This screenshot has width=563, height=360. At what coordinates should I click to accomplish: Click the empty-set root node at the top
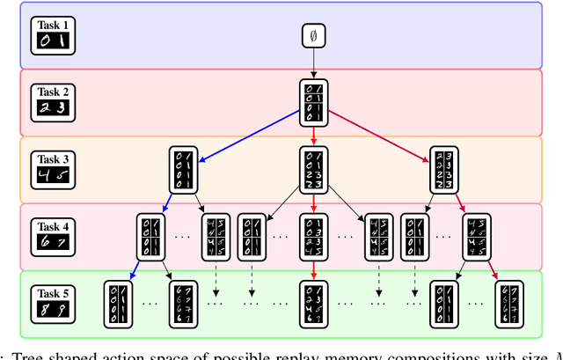point(312,36)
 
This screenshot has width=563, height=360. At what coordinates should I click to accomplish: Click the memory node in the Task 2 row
point(312,103)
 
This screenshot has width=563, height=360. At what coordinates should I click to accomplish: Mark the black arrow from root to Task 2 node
point(312,63)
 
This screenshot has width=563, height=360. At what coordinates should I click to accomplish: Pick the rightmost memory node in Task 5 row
point(508,304)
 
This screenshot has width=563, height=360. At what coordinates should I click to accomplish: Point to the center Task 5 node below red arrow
point(312,304)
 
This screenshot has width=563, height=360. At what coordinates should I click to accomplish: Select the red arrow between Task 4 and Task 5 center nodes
point(312,269)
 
